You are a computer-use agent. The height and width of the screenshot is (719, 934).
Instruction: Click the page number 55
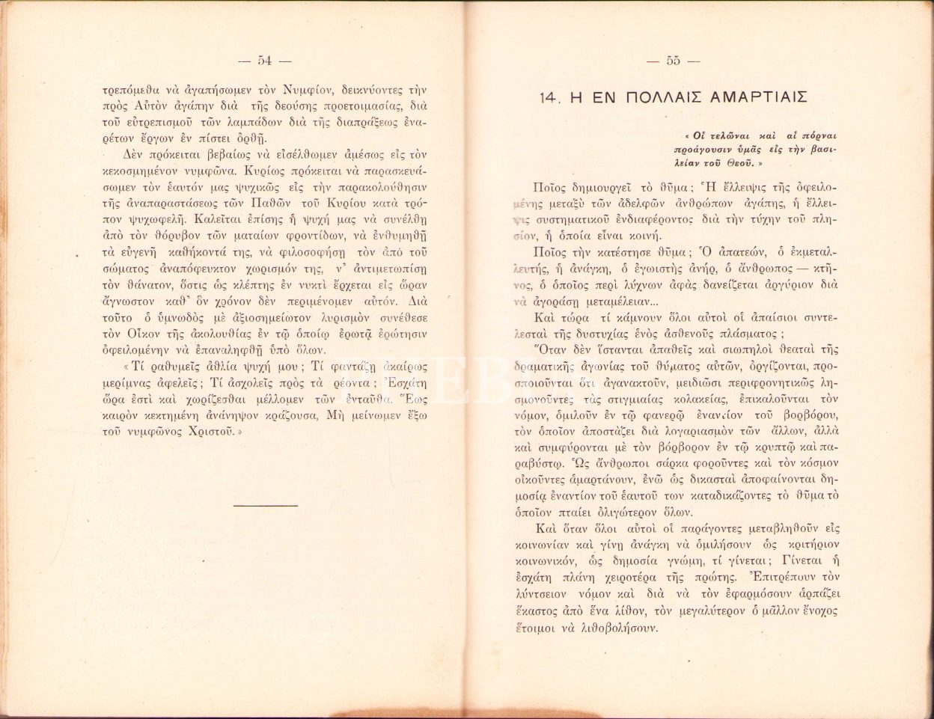[673, 61]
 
